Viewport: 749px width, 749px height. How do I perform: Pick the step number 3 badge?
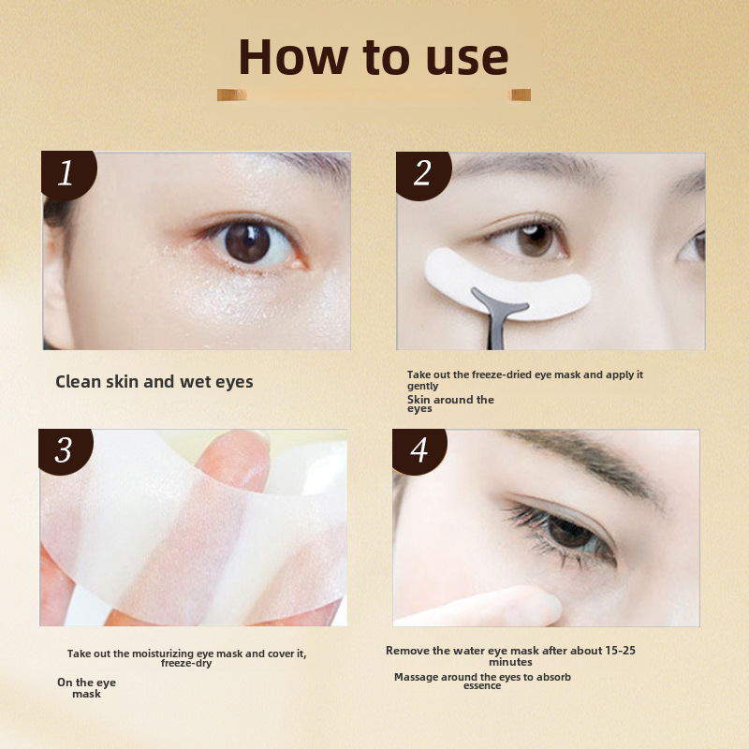coord(66,451)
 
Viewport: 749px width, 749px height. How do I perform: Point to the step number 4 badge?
coord(419,451)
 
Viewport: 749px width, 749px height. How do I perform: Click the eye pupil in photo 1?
coord(247,242)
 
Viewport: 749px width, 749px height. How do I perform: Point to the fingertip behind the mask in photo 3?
coord(234,460)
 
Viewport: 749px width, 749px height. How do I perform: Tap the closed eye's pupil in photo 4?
coord(570,533)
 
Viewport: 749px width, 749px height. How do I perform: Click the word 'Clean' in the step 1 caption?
coord(79,382)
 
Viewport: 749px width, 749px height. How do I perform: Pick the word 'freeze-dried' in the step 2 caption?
coord(502,375)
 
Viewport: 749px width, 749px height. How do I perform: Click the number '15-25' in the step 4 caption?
coord(620,650)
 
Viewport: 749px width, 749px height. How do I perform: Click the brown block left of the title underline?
coord(232,95)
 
